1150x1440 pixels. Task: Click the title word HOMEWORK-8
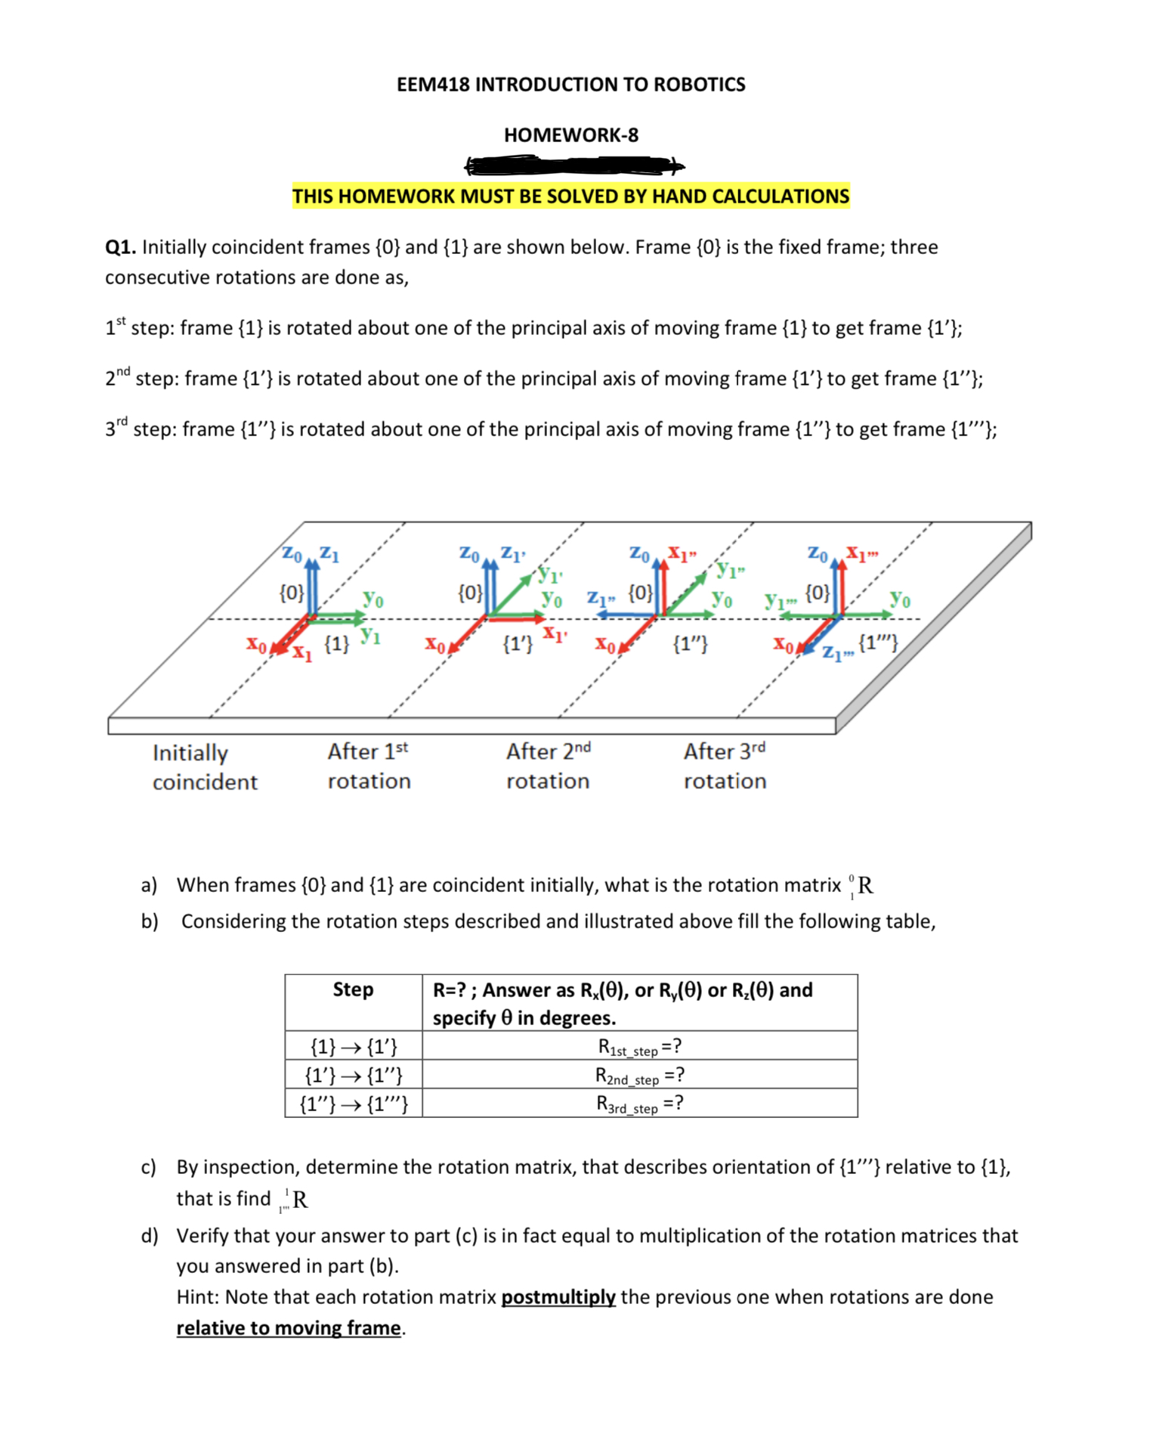[x=570, y=135]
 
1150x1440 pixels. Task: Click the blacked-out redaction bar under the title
[x=574, y=165]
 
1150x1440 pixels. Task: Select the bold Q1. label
[x=121, y=247]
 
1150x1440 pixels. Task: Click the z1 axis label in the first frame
[x=329, y=554]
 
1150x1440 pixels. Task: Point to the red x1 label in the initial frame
[x=302, y=653]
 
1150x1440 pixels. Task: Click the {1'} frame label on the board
[x=518, y=644]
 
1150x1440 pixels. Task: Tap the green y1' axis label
[x=551, y=575]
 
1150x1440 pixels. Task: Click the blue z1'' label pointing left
[x=602, y=597]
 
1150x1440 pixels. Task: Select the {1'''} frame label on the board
[x=879, y=643]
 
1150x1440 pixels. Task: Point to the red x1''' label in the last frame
[x=861, y=553]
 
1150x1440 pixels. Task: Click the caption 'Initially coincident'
[x=204, y=766]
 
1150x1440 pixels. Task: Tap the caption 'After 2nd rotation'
[x=548, y=766]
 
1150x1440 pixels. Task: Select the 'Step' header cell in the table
[x=353, y=989]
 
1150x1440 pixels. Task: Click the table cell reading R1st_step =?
[x=639, y=1046]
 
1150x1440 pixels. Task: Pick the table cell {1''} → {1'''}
[x=353, y=1104]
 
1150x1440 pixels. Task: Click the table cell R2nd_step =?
[x=639, y=1075]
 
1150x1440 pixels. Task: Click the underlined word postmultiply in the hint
[x=558, y=1297]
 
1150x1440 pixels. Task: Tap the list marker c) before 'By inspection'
[x=149, y=1167]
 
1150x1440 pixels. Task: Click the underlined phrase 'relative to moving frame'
[x=289, y=1328]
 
